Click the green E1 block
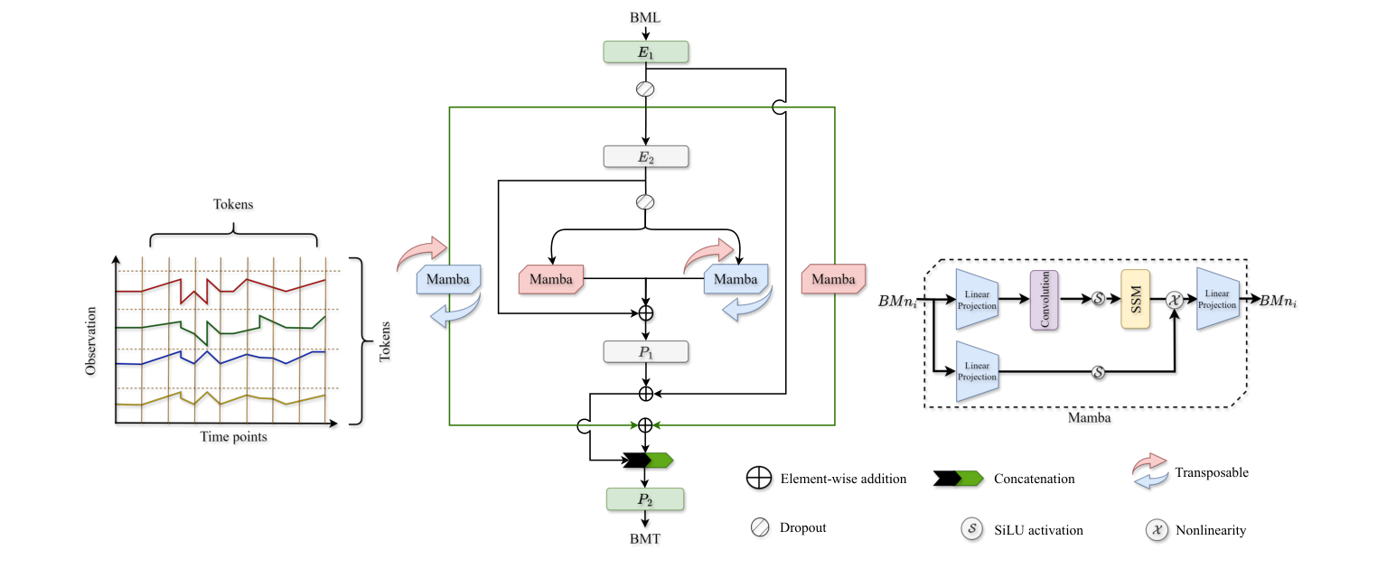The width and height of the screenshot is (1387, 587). (x=645, y=52)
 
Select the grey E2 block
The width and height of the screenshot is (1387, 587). (x=645, y=156)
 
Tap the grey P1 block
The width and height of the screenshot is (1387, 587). (x=645, y=351)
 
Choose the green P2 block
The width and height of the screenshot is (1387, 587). (x=645, y=499)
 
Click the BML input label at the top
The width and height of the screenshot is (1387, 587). (x=645, y=17)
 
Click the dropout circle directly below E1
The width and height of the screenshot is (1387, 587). (x=645, y=89)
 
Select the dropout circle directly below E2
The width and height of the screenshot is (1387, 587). (x=645, y=201)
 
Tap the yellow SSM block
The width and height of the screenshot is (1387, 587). (x=1136, y=299)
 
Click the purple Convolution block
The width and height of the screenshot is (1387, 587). (x=1044, y=299)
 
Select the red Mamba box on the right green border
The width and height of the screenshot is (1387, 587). (x=833, y=279)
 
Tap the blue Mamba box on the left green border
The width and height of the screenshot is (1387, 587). (x=448, y=279)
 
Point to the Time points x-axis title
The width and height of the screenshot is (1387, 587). (x=233, y=436)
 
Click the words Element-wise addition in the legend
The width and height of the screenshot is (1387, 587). (x=842, y=479)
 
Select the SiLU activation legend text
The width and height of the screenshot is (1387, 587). (x=1038, y=530)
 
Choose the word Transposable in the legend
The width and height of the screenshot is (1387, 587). (x=1211, y=472)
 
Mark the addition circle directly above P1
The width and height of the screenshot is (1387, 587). (x=645, y=313)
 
